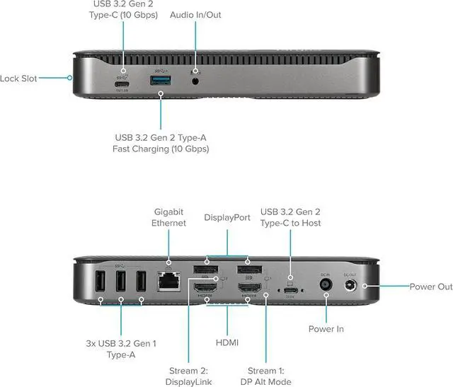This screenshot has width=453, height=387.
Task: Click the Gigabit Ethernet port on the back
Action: pyautogui.click(x=168, y=282)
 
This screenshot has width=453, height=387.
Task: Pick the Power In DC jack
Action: pyautogui.click(x=326, y=284)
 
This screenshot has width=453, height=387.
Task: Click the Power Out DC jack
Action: pyautogui.click(x=350, y=285)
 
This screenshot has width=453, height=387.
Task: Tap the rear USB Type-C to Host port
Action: pyautogui.click(x=290, y=289)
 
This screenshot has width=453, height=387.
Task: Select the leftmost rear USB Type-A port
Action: pyautogui.click(x=102, y=282)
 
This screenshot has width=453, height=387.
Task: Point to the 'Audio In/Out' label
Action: pyautogui.click(x=196, y=14)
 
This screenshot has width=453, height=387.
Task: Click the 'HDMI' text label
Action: pyautogui.click(x=227, y=342)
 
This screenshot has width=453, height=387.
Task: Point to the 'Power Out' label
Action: pyautogui.click(x=430, y=287)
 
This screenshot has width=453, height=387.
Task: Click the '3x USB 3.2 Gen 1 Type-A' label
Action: pyautogui.click(x=120, y=348)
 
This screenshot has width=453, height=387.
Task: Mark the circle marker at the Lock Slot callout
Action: pyautogui.click(x=70, y=79)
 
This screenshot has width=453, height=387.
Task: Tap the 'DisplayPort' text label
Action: pyautogui.click(x=227, y=218)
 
